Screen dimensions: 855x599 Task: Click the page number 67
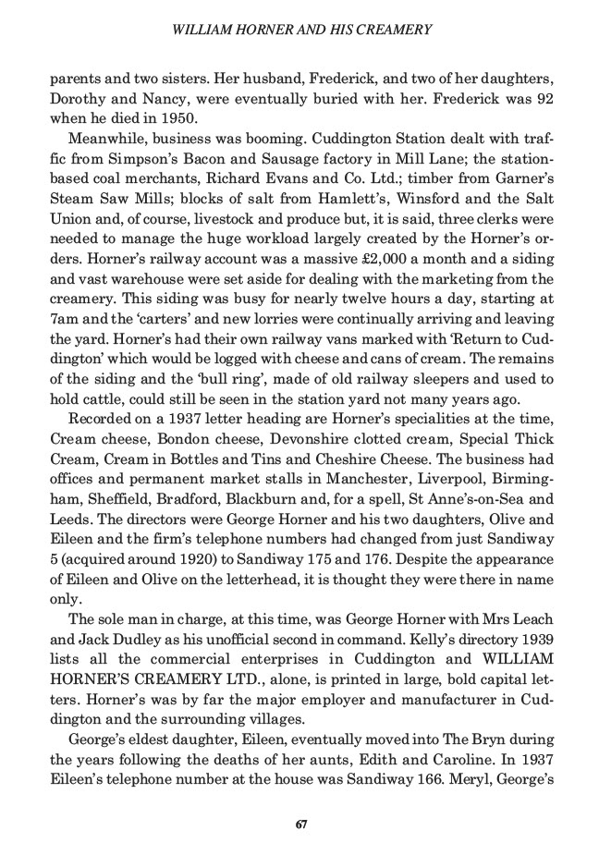click(x=300, y=824)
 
